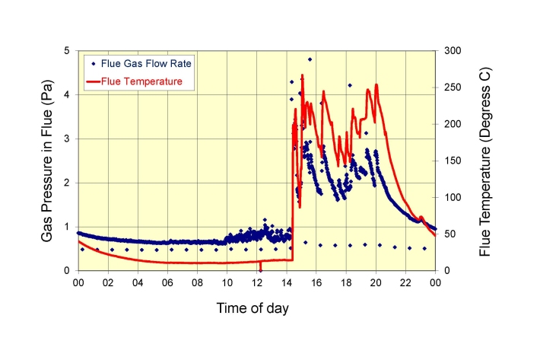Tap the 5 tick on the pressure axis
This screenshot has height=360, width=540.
(x=68, y=51)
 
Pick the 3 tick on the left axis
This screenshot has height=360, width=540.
(x=68, y=139)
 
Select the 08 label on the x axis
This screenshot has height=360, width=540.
(x=197, y=282)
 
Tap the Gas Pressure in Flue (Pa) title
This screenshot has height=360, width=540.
(x=46, y=161)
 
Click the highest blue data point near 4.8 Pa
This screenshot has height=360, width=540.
(x=310, y=59)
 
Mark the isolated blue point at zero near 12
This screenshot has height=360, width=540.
(x=260, y=270)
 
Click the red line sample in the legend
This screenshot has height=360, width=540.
(x=97, y=80)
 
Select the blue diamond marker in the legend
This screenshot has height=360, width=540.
(x=93, y=63)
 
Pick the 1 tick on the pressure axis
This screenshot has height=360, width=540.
(x=68, y=227)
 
